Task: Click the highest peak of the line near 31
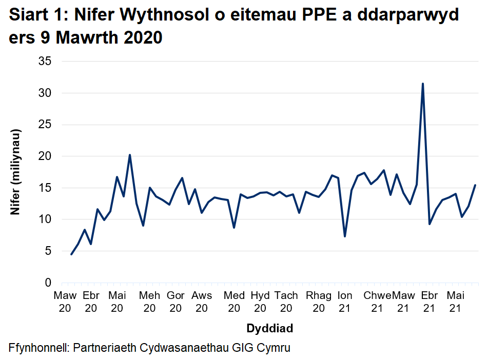422,84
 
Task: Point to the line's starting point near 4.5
71,254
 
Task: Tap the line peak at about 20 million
130,155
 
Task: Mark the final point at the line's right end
475,185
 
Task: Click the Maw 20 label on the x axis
65,302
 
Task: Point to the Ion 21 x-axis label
345,302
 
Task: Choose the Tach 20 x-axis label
286,302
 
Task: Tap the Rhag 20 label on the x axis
319,302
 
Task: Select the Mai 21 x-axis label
455,302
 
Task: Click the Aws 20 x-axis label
202,302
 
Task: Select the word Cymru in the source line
276,348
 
